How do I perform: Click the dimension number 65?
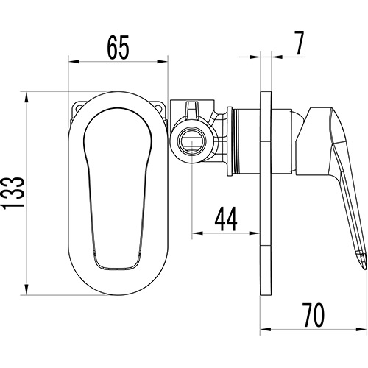click(118, 47)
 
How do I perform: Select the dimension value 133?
click(13, 193)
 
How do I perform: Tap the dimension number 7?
click(299, 43)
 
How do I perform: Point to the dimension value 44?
click(226, 219)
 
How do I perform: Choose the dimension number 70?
click(313, 315)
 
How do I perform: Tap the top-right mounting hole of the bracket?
click(158, 107)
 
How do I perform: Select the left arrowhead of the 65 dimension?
click(74, 62)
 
